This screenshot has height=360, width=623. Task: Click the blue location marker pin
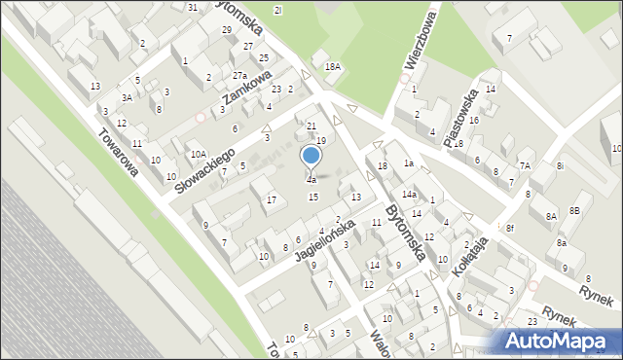(x=311, y=157)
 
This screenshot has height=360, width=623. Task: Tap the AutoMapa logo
(x=559, y=340)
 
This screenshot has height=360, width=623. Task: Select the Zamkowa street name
(x=244, y=95)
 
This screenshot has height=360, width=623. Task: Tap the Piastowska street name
(x=460, y=120)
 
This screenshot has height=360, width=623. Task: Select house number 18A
(x=333, y=66)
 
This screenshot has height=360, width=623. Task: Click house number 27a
(x=239, y=76)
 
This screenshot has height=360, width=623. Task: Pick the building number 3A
(x=127, y=97)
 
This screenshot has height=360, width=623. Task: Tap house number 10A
(x=198, y=154)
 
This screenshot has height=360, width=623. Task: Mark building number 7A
(x=524, y=165)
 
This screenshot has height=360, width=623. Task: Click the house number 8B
(x=574, y=210)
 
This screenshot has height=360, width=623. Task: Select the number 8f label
(x=509, y=228)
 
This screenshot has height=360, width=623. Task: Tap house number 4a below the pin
(x=311, y=180)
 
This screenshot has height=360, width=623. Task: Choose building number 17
(x=271, y=200)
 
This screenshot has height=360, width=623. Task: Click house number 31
(x=193, y=7)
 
